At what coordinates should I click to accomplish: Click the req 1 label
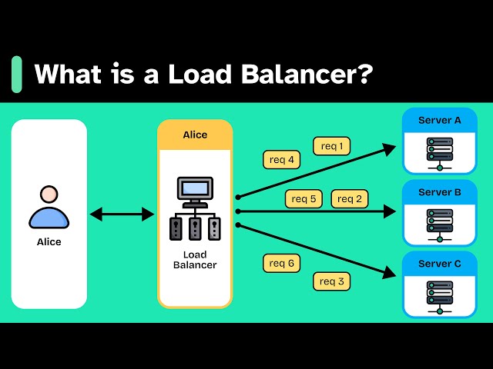point(332,145)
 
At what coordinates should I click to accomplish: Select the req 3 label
point(332,281)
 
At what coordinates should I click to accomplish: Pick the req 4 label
point(281,160)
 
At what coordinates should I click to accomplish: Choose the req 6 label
point(281,263)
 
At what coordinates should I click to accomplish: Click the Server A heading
point(440,120)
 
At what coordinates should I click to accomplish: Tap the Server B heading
point(440,192)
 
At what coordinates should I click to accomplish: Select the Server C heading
point(440,264)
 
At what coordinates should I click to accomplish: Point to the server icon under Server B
point(440,224)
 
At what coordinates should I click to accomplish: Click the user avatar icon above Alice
point(49,207)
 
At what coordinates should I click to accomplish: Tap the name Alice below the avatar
point(49,242)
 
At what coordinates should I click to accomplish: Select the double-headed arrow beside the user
point(122,214)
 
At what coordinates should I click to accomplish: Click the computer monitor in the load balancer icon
point(195,189)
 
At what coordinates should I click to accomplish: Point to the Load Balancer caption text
point(195,260)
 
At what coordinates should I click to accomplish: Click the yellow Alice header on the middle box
point(195,135)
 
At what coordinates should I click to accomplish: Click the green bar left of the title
point(17,75)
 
